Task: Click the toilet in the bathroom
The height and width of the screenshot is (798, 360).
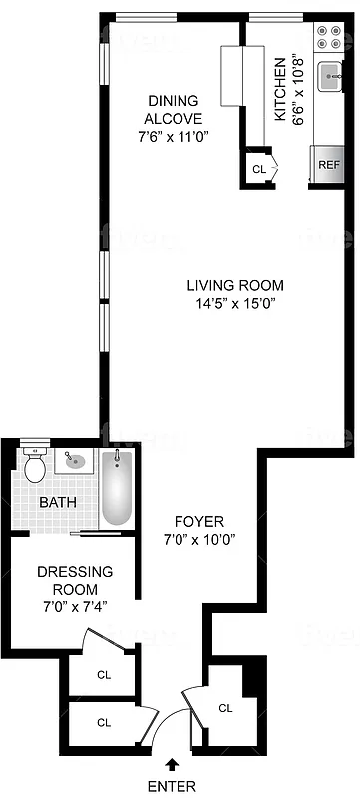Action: (36, 466)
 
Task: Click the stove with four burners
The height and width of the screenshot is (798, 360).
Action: (327, 37)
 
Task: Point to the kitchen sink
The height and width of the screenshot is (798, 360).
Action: (329, 76)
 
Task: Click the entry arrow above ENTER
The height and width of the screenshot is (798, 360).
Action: (174, 764)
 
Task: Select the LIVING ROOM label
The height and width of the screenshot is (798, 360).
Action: (235, 285)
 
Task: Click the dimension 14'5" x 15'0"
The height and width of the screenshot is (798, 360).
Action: (235, 304)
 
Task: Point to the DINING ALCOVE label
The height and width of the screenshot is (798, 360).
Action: (174, 109)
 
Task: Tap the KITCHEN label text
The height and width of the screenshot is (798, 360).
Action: (280, 90)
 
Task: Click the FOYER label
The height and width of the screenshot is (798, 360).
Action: (199, 521)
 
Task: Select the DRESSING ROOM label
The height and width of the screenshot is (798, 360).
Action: (74, 579)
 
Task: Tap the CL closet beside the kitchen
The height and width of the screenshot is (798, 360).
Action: (259, 169)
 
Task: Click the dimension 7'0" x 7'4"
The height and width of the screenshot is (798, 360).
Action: (74, 605)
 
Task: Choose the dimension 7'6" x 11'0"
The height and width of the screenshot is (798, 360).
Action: (174, 136)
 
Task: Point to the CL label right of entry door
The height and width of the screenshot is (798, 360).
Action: (225, 708)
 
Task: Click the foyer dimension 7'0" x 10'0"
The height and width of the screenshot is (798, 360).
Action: (199, 540)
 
